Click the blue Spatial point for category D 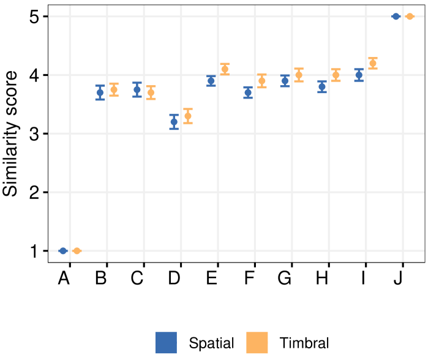(x=174, y=122)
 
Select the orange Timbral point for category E (x=225, y=69)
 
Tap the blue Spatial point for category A (x=63, y=250)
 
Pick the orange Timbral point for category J (x=410, y=17)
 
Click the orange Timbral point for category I (x=373, y=63)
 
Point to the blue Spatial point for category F (x=248, y=92)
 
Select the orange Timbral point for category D (x=188, y=116)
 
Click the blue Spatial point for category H (x=322, y=86)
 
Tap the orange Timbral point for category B (x=114, y=89)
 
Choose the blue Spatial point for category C (x=137, y=89)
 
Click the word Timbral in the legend (x=304, y=343)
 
